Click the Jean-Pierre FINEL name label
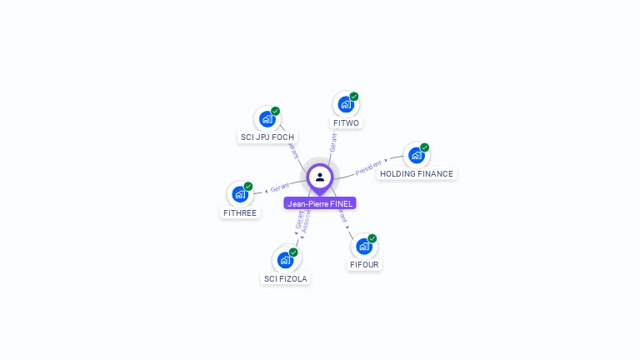click(x=320, y=203)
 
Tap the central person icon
click(x=320, y=177)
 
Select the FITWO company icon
click(x=345, y=105)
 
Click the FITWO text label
click(x=346, y=123)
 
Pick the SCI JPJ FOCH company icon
click(x=267, y=118)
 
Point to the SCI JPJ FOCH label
click(x=267, y=137)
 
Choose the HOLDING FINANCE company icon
click(x=416, y=155)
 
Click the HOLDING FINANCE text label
click(x=417, y=174)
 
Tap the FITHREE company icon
click(x=240, y=194)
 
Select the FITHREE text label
click(x=240, y=212)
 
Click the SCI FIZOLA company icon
click(x=286, y=259)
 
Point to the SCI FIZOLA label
click(x=286, y=278)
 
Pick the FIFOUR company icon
click(x=364, y=246)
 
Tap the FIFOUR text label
click(x=365, y=264)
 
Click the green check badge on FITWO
click(x=354, y=97)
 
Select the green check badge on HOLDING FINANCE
click(x=425, y=147)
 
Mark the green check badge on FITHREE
click(x=248, y=187)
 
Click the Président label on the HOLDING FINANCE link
click(x=368, y=167)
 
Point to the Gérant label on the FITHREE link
click(x=279, y=187)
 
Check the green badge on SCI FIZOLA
click(x=293, y=252)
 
